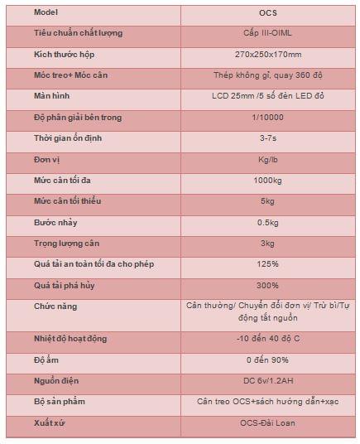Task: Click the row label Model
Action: pos(46,12)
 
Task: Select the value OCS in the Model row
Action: pos(268,12)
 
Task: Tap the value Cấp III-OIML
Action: pos(267,33)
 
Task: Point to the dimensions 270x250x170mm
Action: pos(268,55)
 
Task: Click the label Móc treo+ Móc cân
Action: pos(70,75)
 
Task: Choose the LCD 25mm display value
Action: pos(268,96)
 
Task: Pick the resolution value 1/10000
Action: pos(267,118)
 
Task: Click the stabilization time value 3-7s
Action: pos(268,138)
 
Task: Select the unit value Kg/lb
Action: pos(267,160)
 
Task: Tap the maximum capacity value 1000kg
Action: pos(267,181)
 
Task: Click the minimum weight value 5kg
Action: pos(267,201)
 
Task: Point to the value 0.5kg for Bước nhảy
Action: pos(267,223)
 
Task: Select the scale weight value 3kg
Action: pos(267,244)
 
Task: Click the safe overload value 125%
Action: pos(267,264)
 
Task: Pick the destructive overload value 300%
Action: pos(267,285)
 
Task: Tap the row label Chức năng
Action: pos(55,306)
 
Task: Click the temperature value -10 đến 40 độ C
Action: pos(268,338)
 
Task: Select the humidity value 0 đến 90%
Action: pos(267,360)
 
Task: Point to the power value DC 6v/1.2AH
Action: pos(268,381)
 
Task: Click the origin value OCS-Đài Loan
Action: pos(267,423)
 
